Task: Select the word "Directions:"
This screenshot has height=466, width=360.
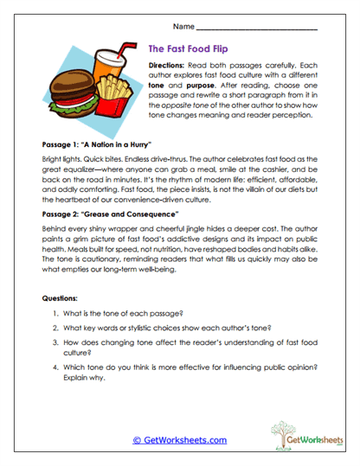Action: coord(169,66)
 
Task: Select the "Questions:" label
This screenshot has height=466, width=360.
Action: coord(63,298)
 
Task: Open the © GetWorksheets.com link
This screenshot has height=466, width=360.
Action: coord(180,440)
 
